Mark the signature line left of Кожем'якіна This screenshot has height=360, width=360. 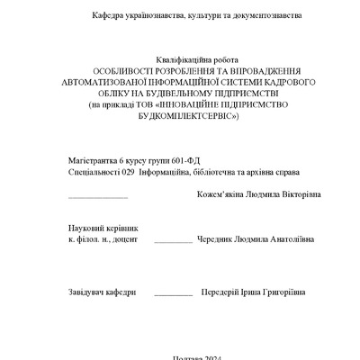(x=97, y=197)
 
